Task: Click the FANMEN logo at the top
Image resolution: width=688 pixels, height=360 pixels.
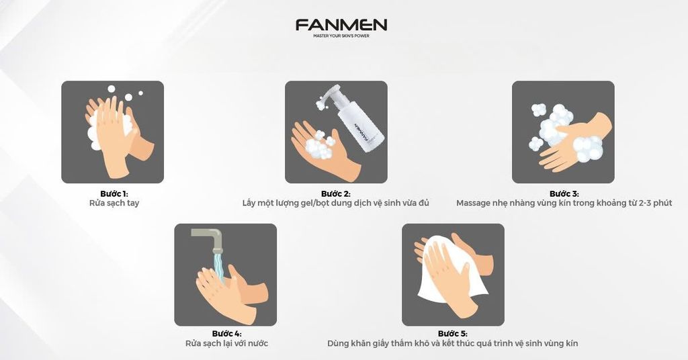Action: click(x=341, y=25)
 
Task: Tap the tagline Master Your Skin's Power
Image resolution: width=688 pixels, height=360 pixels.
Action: click(x=341, y=36)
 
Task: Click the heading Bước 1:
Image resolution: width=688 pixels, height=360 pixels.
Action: click(x=114, y=194)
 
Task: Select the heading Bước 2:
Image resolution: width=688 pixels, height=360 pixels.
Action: click(x=336, y=194)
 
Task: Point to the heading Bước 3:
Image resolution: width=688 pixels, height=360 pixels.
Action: click(x=564, y=194)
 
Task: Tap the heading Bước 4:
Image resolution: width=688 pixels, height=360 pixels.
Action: click(x=226, y=334)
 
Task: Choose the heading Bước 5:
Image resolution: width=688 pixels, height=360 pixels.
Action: click(x=452, y=334)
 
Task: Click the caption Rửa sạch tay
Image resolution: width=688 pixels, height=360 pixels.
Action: click(x=114, y=203)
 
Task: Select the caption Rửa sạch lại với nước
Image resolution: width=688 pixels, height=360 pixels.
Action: click(x=226, y=343)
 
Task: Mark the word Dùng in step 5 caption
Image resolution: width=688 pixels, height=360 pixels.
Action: click(x=338, y=343)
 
